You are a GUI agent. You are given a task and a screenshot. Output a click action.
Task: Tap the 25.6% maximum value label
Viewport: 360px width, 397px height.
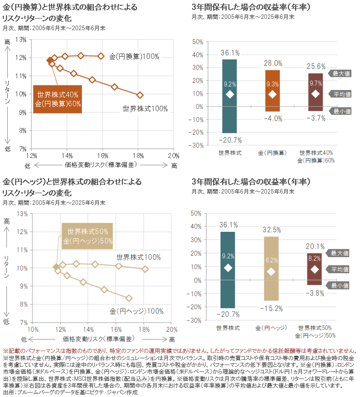tap(315, 66)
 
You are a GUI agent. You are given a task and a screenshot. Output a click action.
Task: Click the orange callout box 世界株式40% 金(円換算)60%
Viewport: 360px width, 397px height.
tap(58, 99)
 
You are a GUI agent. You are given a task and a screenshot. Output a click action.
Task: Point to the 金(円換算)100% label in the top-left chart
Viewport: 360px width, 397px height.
tap(135, 57)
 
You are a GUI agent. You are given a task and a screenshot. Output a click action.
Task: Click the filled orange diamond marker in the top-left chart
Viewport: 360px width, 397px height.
tap(50, 60)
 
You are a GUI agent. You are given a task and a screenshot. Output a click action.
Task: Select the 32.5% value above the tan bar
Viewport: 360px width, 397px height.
tap(272, 230)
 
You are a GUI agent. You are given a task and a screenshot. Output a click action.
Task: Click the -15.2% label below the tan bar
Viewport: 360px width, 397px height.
tap(272, 308)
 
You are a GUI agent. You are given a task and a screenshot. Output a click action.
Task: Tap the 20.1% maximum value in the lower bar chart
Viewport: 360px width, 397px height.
tap(315, 246)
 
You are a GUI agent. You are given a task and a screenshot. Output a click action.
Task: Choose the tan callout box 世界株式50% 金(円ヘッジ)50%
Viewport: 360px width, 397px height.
tap(87, 236)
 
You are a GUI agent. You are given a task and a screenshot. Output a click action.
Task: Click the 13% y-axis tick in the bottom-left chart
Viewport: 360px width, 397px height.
tap(22, 213)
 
